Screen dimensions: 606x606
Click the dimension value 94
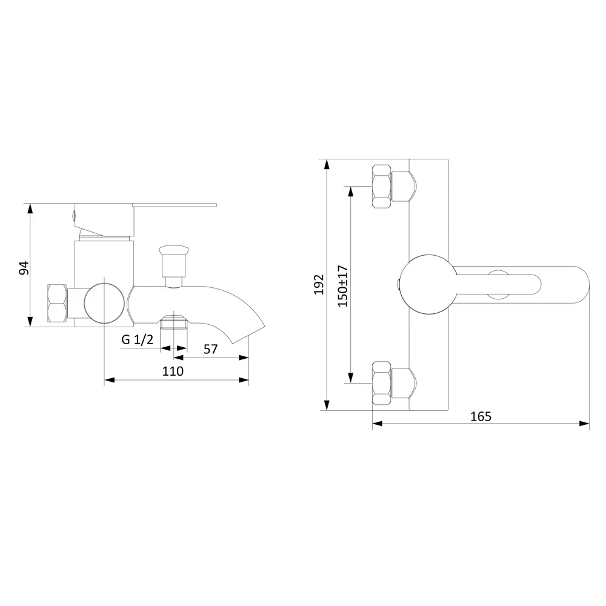(x=24, y=268)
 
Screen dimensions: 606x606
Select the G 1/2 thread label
(x=137, y=340)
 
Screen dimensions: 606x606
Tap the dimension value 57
(x=211, y=350)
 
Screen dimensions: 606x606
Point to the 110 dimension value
(x=173, y=371)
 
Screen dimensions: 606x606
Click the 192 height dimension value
(x=319, y=284)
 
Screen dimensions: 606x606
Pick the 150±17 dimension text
(x=343, y=286)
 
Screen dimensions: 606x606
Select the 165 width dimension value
(x=481, y=417)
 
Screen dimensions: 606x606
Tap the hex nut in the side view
(x=57, y=304)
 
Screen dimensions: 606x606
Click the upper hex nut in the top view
(x=381, y=187)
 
